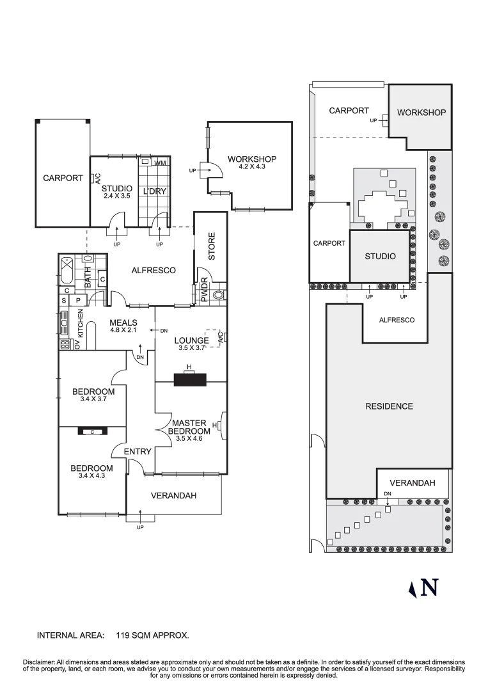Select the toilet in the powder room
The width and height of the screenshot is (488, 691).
(x=218, y=296)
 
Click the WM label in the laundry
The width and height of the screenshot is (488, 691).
(x=160, y=164)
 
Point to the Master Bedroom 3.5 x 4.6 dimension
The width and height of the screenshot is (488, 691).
(x=189, y=439)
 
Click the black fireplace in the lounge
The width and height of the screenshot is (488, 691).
(x=189, y=379)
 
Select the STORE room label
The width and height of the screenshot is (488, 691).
(x=212, y=247)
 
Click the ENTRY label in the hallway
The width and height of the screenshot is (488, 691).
(x=138, y=452)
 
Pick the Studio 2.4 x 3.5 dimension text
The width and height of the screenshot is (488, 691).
(x=116, y=196)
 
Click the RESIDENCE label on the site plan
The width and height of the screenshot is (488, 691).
(x=389, y=406)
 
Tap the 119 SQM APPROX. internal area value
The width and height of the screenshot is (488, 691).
(x=152, y=635)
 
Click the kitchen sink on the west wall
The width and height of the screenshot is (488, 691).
(x=64, y=322)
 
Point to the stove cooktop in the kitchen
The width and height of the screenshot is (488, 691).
(x=65, y=344)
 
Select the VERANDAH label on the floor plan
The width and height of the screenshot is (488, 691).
(x=173, y=495)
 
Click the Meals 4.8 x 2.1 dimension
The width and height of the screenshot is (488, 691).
(x=123, y=330)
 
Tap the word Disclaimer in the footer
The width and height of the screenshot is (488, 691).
(x=39, y=662)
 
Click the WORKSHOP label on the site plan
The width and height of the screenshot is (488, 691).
(x=421, y=113)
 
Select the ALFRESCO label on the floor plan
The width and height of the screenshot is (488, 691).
(x=153, y=271)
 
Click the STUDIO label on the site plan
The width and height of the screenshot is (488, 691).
(x=379, y=257)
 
